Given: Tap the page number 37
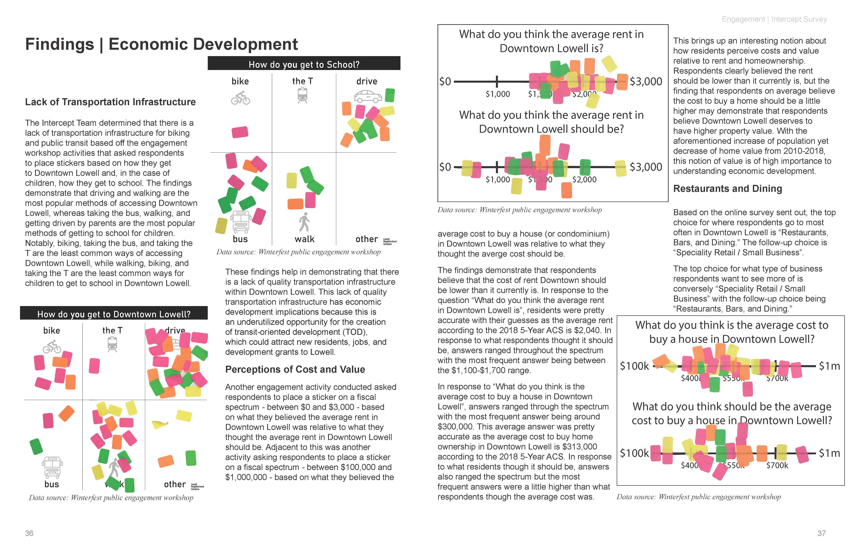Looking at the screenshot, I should [x=821, y=533].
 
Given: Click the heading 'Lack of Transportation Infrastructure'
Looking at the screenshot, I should [x=110, y=102].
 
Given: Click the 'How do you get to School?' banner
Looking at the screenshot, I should [x=304, y=64].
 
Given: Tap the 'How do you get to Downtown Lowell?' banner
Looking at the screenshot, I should [x=114, y=314].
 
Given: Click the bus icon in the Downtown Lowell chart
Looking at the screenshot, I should [x=52, y=467].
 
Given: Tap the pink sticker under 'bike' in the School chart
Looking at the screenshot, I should [x=240, y=132].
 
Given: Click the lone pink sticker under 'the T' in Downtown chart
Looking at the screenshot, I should [x=94, y=366].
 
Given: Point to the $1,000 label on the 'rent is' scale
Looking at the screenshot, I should [x=497, y=94].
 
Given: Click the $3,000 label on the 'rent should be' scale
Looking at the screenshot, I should [x=646, y=167].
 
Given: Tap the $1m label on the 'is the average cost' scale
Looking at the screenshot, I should [x=829, y=366].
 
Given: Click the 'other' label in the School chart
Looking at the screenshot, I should [x=366, y=239].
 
